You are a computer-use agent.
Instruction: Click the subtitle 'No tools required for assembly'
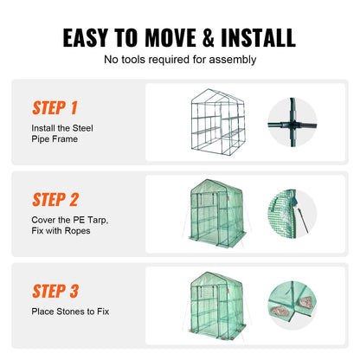click(x=179, y=60)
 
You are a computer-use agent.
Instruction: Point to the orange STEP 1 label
click(x=55, y=108)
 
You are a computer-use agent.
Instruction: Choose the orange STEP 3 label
click(x=55, y=291)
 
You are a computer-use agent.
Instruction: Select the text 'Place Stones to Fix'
click(x=72, y=310)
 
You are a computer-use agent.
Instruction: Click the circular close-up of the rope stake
click(x=294, y=214)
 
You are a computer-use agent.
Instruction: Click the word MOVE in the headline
click(x=160, y=37)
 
